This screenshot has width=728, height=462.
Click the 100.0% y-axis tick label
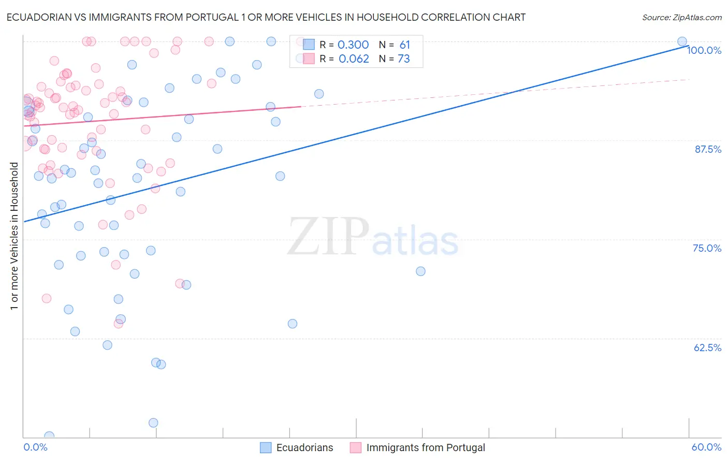tap(704, 50)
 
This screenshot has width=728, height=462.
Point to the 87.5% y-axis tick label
tap(707, 149)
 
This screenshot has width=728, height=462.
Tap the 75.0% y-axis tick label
tap(707, 248)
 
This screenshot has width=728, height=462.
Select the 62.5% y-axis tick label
tap(707, 348)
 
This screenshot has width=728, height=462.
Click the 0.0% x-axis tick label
tap(35, 447)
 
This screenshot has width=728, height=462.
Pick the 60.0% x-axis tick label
tap(706, 447)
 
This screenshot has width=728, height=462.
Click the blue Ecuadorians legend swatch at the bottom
tap(266, 447)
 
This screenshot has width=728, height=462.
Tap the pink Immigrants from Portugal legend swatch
tap(356, 447)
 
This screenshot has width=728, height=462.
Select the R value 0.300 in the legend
tap(353, 45)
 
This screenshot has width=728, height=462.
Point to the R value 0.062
tap(354, 59)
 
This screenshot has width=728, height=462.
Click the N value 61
tap(404, 45)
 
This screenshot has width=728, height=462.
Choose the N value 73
tap(404, 59)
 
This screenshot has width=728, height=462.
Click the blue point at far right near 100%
tap(682, 41)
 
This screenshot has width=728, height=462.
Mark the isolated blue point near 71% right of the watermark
tap(420, 271)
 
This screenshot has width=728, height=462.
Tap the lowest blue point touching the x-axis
tap(49, 436)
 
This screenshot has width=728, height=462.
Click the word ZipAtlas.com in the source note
tap(696, 18)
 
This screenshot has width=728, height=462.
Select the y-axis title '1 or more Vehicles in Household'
tap(14, 236)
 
